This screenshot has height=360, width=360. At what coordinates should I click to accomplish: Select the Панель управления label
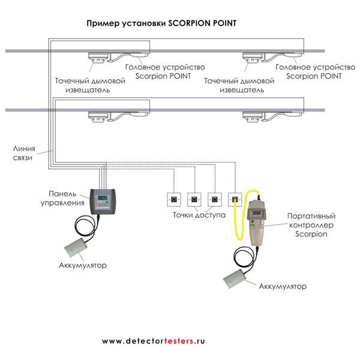(67, 199)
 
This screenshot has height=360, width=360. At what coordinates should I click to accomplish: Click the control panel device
(106, 202)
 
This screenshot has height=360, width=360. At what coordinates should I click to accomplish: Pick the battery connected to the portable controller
(236, 279)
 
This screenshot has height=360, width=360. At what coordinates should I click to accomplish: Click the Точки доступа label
(199, 214)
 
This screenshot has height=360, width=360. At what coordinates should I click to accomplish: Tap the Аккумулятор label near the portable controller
(282, 286)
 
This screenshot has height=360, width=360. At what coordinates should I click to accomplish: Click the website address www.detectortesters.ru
(154, 340)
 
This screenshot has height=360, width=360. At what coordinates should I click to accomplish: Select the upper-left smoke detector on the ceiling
(97, 59)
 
